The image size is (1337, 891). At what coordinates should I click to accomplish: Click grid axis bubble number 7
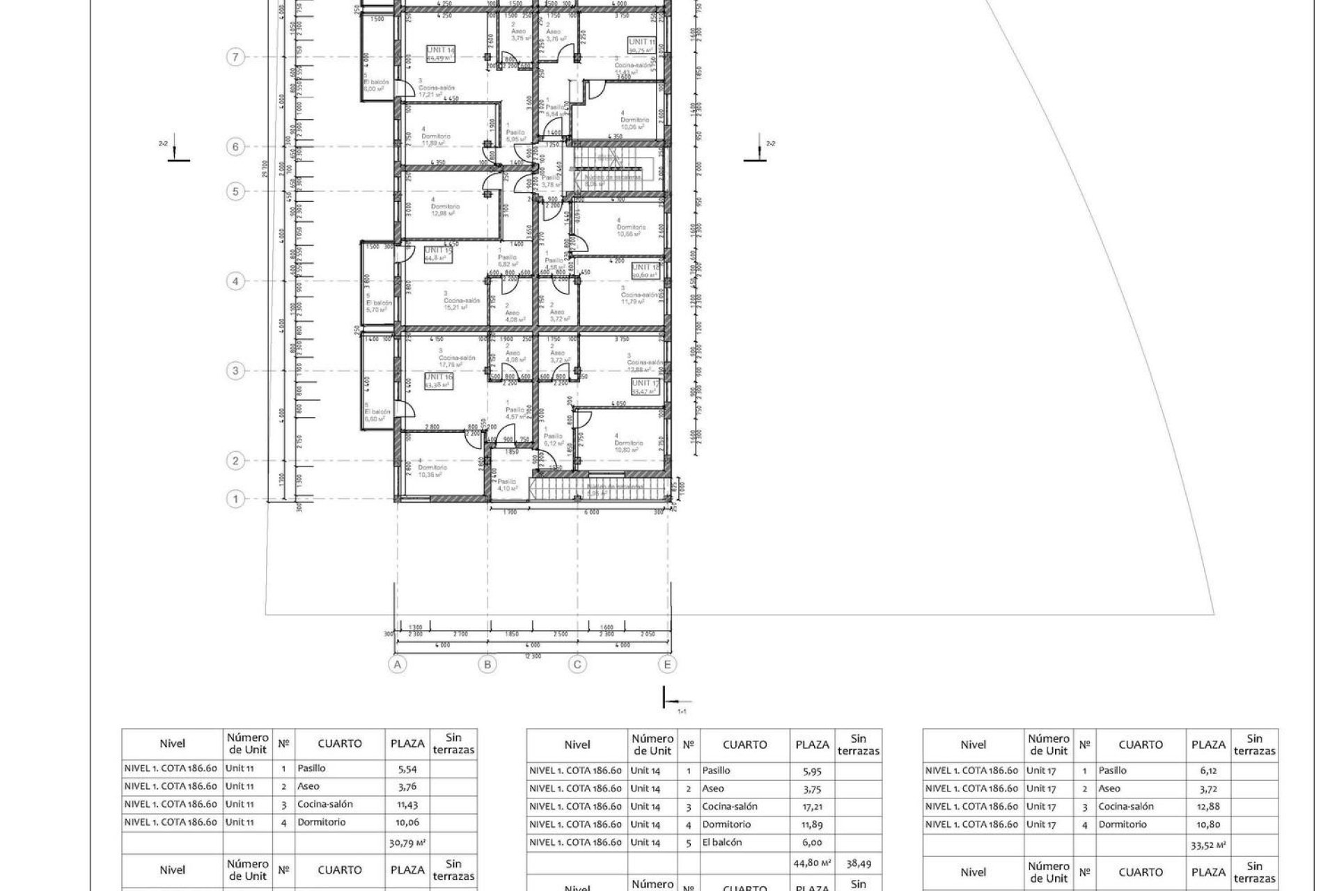tap(236, 57)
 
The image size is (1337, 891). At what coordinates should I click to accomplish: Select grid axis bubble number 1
tap(236, 499)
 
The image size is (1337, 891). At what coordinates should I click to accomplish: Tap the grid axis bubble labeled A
tap(398, 665)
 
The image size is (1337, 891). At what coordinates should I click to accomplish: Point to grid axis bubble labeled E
tap(667, 665)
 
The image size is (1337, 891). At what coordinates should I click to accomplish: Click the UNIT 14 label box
tap(441, 54)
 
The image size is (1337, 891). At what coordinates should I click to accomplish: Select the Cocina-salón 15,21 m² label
tap(462, 303)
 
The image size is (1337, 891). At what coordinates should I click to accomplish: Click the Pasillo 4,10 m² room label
tap(506, 485)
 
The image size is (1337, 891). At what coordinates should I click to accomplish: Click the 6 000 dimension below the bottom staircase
tap(591, 512)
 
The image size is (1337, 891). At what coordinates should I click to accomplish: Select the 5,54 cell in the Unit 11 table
tap(407, 768)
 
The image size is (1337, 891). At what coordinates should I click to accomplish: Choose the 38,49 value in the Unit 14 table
tap(858, 863)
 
